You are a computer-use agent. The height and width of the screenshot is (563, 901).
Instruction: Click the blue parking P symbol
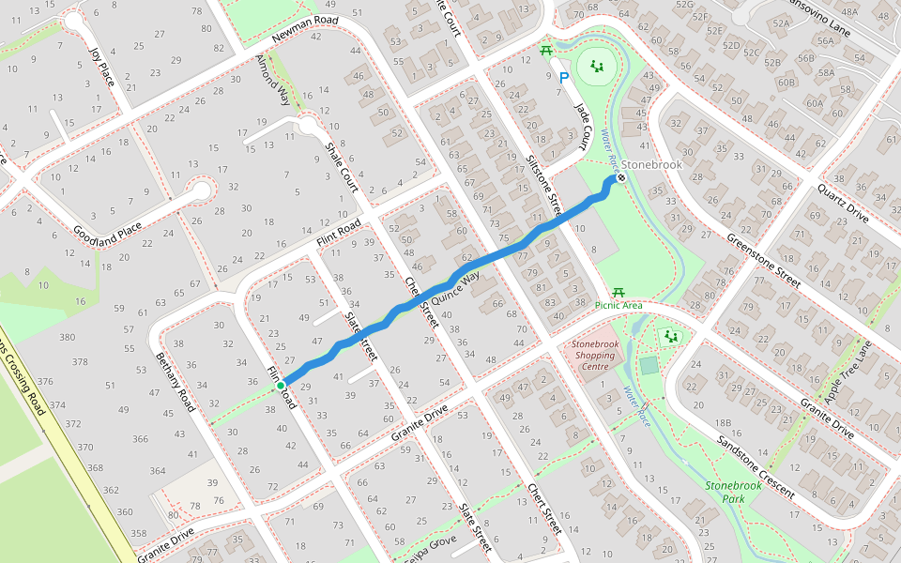pyautogui.click(x=563, y=79)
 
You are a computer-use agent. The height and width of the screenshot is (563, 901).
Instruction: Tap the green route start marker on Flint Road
pyautogui.click(x=281, y=385)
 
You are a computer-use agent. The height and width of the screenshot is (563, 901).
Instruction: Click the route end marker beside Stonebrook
pyautogui.click(x=620, y=178)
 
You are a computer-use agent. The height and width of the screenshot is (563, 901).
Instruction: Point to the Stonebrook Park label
pyautogui.click(x=732, y=492)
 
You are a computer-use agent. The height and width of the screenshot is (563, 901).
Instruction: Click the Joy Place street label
pyautogui.click(x=101, y=66)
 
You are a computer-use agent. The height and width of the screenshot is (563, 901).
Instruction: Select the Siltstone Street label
pyautogui.click(x=543, y=186)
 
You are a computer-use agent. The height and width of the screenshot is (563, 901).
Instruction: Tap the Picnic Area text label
pyautogui.click(x=618, y=305)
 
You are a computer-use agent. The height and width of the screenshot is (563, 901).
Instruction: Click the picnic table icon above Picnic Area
pyautogui.click(x=618, y=294)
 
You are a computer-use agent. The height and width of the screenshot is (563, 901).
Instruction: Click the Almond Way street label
pyautogui.click(x=272, y=81)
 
